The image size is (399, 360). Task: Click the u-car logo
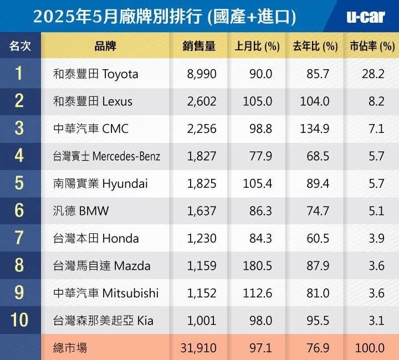(x=365, y=16)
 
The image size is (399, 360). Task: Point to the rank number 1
(x=19, y=74)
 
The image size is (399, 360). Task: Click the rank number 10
(x=19, y=321)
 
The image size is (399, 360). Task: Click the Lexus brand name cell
(x=93, y=101)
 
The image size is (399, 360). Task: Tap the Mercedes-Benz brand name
(x=106, y=156)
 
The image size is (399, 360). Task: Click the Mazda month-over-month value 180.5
(x=258, y=266)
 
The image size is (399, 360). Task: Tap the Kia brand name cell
(x=103, y=321)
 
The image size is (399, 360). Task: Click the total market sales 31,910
(x=199, y=348)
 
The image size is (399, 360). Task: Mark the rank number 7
(x=19, y=239)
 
